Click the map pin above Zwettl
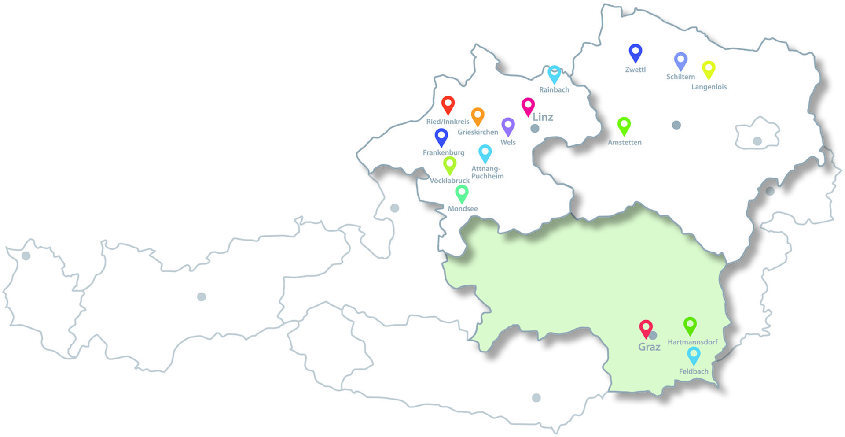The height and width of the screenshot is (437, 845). pos(635,52)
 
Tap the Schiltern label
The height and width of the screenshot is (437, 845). pos(680,77)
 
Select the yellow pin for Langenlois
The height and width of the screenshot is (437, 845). pos(709,69)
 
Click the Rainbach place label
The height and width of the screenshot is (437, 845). pos(554,90)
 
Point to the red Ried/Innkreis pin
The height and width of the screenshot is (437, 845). pos(448,104)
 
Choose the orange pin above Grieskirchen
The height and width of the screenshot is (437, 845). pos(478,116)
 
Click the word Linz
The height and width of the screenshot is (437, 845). pos(543,117)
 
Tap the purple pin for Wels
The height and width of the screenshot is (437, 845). pos(508,126)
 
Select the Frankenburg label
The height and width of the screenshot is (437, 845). pos(443,153)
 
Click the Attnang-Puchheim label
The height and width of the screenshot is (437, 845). pos(487,172)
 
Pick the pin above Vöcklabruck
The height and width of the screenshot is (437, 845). pos(449,165)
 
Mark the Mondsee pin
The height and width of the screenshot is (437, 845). pos(462,193)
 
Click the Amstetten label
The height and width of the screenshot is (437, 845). pos(625,143)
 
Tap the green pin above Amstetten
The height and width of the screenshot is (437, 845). pos(624,126)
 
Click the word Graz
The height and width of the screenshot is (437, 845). pos(649,347)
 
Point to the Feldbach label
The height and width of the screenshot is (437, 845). pos(694,372)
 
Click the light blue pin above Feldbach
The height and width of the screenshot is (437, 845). pos(694,355)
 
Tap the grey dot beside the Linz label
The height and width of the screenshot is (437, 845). pos(535,129)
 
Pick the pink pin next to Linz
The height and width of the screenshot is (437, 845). pos(528,106)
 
